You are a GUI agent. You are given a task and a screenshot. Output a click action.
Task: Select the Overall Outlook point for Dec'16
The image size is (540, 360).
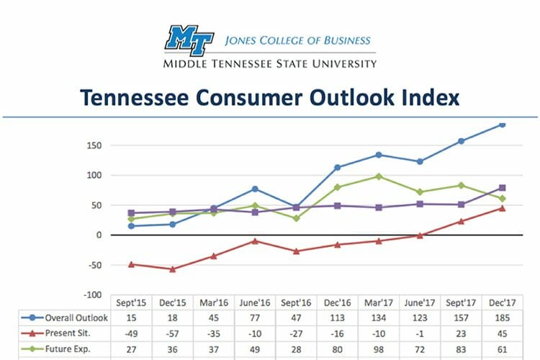337,168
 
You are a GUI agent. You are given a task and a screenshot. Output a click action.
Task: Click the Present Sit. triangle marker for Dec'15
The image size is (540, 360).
173,269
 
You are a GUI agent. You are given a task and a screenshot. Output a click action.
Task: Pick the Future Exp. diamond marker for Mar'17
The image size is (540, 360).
378,176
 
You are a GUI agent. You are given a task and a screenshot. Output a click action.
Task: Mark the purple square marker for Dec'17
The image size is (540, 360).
502,188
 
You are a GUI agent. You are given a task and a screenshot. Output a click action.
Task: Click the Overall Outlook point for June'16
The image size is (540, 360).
255,189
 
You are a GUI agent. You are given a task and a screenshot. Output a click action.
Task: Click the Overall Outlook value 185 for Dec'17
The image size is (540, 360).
501,318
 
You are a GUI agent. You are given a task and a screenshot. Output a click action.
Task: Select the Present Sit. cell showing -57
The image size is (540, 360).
173,333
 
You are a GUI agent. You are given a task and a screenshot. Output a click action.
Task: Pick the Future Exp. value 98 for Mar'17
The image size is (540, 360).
378,348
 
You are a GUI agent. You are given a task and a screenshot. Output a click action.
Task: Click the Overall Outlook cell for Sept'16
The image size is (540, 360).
296,318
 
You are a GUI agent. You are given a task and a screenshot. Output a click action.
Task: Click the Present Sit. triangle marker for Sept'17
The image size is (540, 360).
461,221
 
